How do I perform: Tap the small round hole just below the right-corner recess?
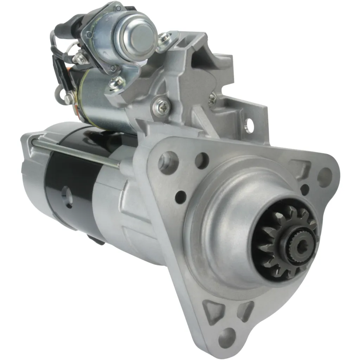(x=304, y=189)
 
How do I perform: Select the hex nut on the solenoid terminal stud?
(x=81, y=58)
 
